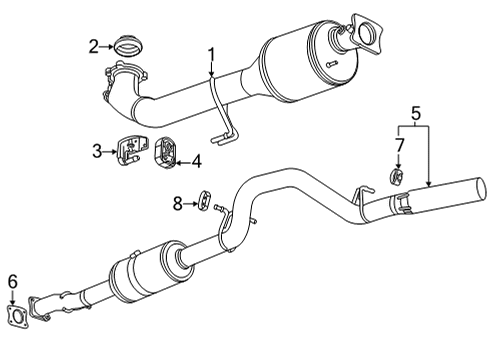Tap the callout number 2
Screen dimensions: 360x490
pos(93,45)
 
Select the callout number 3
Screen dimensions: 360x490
pos(98,151)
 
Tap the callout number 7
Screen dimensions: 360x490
pos(398,147)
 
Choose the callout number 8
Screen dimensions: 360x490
pos(178,203)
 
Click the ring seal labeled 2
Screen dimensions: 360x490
pos(127,45)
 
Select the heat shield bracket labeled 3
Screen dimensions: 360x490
pos(130,150)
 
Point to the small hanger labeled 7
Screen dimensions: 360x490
pos(397,178)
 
